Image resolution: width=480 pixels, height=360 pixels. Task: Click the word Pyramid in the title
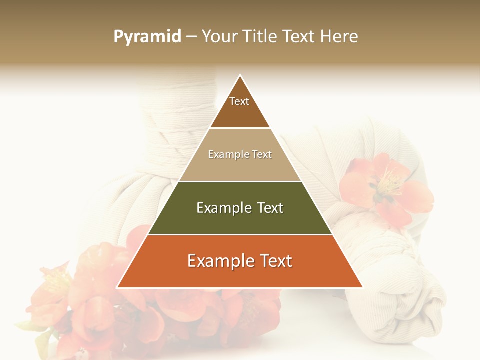(x=147, y=37)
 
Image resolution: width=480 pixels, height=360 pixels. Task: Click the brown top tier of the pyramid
(x=240, y=112)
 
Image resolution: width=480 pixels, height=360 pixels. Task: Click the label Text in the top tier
(x=239, y=101)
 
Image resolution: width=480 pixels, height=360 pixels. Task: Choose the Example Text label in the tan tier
(x=240, y=154)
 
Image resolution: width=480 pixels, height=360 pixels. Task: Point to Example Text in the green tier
(x=240, y=208)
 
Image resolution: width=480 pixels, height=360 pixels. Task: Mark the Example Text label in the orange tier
(x=240, y=261)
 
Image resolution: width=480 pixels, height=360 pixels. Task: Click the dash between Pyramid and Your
(x=191, y=37)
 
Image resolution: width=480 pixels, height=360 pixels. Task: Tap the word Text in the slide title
(x=300, y=37)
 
